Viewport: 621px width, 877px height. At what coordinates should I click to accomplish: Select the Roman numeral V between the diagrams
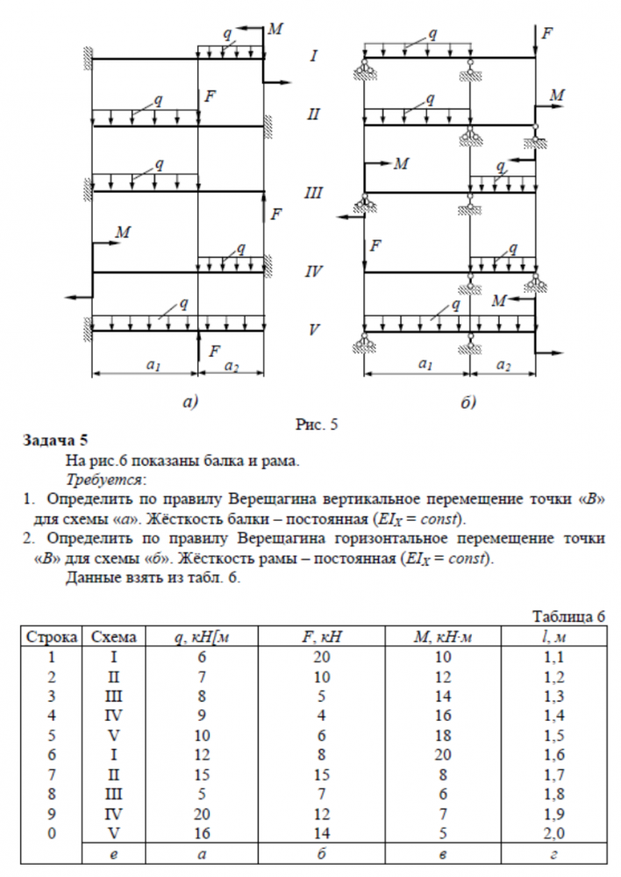(x=313, y=331)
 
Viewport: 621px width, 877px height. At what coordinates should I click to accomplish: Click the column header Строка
(x=50, y=637)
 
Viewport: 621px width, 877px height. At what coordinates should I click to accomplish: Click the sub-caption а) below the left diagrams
(x=190, y=403)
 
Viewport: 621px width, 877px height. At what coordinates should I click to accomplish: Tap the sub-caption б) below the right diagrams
(x=468, y=403)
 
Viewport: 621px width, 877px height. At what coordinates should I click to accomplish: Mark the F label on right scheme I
(x=548, y=32)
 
